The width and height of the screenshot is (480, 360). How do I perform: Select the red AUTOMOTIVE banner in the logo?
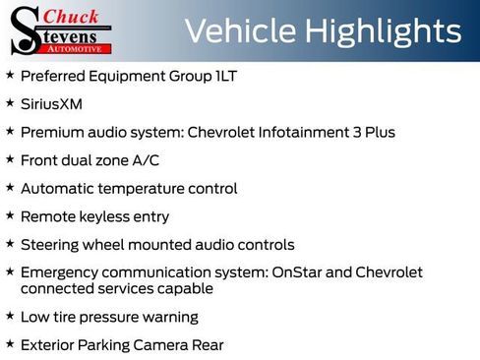pyautogui.click(x=74, y=47)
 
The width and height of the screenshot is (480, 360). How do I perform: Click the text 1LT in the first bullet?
pyautogui.click(x=226, y=75)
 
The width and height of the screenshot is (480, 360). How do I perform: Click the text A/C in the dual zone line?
pyautogui.click(x=149, y=159)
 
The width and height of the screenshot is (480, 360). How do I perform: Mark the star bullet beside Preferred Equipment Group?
pyautogui.click(x=10, y=75)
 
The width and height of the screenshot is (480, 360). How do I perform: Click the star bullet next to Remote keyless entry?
pyautogui.click(x=10, y=215)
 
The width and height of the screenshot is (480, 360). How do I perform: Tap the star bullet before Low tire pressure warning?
pyautogui.click(x=10, y=317)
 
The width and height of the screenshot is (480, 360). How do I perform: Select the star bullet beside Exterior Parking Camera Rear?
pyautogui.click(x=10, y=344)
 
